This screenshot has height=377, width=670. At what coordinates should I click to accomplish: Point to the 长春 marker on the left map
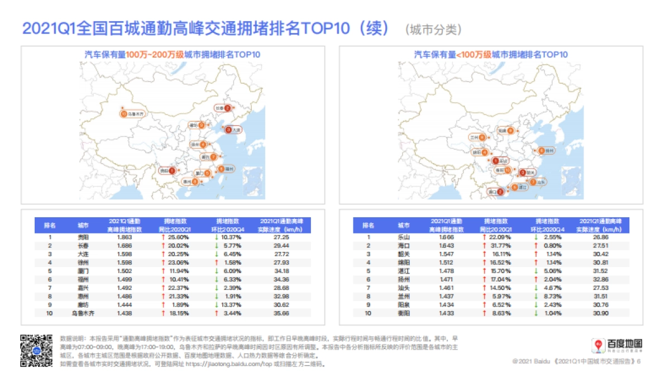click(223, 108)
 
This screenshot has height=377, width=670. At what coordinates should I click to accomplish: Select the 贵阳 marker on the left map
click(167, 170)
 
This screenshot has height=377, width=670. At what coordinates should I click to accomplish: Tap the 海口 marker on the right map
click(495, 192)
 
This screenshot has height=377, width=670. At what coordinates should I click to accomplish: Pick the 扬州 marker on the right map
click(545, 150)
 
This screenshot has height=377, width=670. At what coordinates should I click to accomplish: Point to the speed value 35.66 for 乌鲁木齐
click(279, 314)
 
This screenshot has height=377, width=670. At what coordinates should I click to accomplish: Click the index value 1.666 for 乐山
click(446, 237)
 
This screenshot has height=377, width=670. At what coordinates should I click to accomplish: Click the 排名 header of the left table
click(50, 226)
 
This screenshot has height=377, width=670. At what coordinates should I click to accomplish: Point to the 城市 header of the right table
click(403, 226)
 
